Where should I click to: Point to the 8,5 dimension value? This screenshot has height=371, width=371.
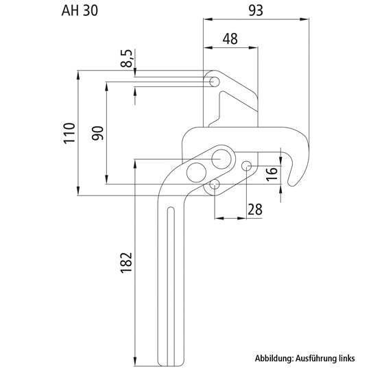(127, 58)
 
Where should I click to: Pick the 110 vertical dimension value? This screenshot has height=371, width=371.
(69, 133)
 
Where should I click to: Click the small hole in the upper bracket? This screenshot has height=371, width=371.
(214, 82)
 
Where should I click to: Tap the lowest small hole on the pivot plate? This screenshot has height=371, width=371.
(215, 184)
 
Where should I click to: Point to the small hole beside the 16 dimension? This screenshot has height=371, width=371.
(247, 165)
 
